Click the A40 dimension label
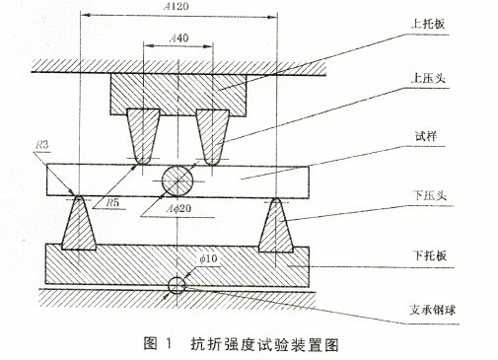[x=179, y=37]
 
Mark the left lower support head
[x=78, y=225]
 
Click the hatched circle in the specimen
[x=177, y=180]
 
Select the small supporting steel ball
[x=177, y=285]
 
